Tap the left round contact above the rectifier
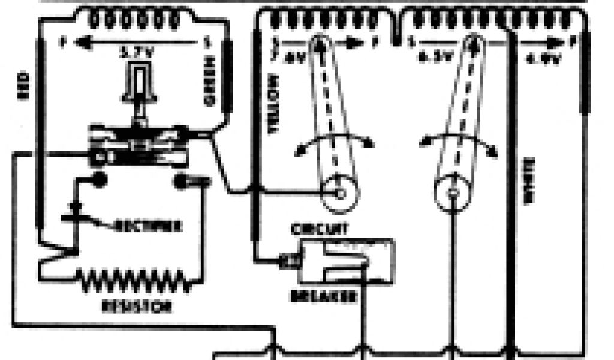[x=99, y=179]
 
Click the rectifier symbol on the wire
[x=75, y=211]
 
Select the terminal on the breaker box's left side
[x=287, y=260]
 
